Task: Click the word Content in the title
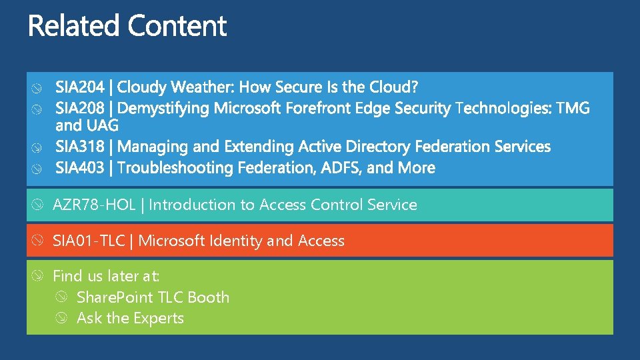[177, 27]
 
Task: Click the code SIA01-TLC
[89, 241]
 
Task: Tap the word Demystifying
[169, 108]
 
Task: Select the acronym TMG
[573, 108]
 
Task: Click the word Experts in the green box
[159, 319]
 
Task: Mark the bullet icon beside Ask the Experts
[61, 319]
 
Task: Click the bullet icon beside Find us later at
[38, 276]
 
